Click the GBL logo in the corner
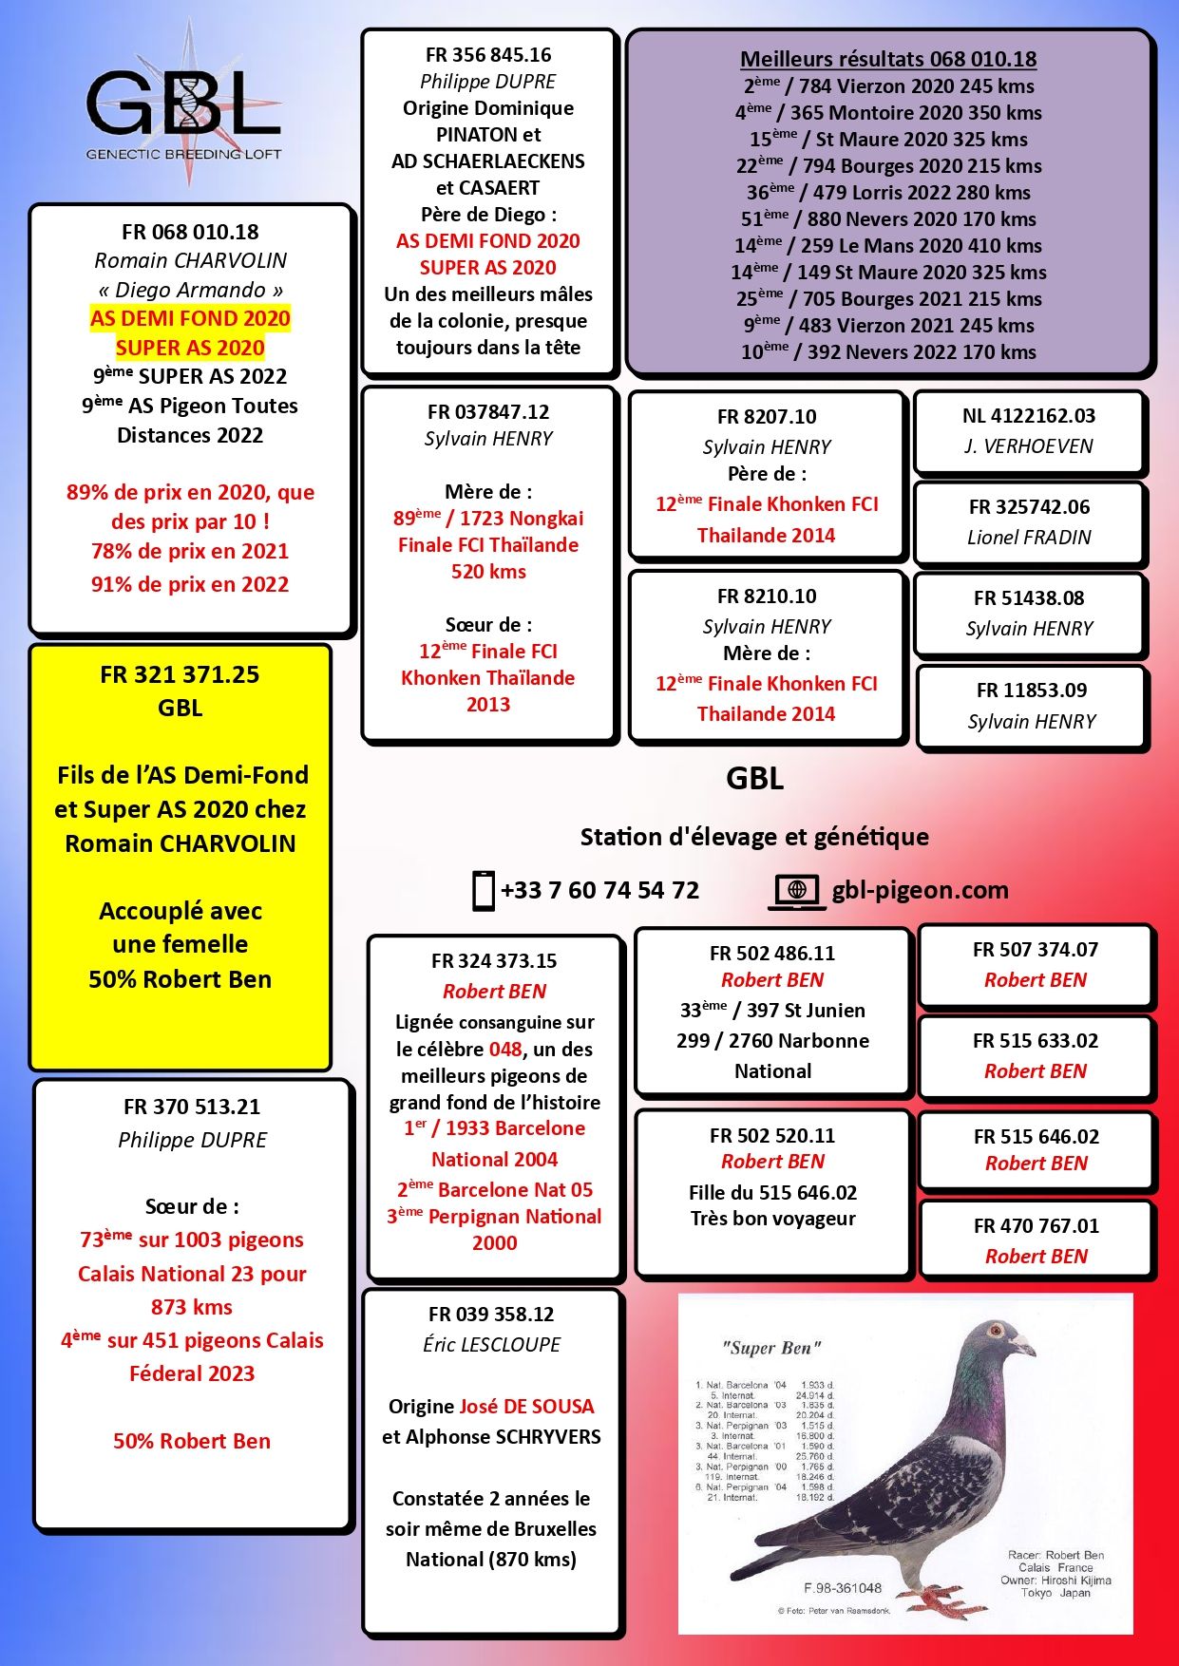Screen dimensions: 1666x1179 [184, 104]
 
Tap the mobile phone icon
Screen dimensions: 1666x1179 [484, 891]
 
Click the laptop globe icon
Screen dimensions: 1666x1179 [797, 891]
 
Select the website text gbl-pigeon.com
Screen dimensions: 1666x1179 [920, 890]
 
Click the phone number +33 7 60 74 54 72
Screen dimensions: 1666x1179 [599, 891]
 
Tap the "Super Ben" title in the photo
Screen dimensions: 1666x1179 [771, 1348]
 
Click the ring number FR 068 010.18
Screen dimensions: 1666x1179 [190, 232]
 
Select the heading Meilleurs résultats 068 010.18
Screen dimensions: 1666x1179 [888, 59]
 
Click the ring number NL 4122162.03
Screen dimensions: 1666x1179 [1029, 416]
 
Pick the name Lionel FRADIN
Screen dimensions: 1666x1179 [1029, 538]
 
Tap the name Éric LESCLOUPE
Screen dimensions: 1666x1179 [491, 1345]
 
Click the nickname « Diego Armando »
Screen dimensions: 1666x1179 [190, 290]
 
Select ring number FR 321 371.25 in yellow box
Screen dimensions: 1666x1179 [180, 675]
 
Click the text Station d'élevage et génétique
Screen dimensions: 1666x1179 [754, 837]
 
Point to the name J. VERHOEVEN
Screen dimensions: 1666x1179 [1029, 446]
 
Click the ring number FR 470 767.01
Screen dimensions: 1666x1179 [1036, 1226]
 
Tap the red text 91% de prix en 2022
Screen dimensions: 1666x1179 [190, 584]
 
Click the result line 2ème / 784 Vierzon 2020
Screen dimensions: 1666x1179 [888, 86]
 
